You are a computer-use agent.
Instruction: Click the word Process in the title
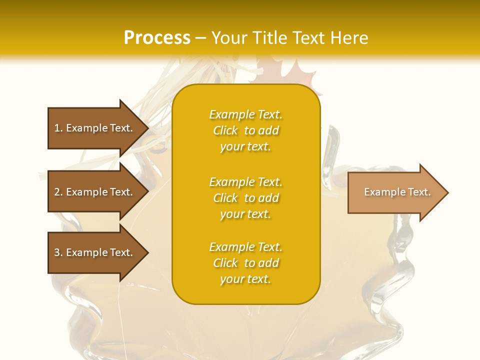coord(157,38)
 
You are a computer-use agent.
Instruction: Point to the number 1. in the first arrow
coord(58,128)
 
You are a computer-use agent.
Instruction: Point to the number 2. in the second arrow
coord(58,192)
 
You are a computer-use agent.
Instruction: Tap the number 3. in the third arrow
coord(58,252)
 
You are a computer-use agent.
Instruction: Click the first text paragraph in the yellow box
coord(245,130)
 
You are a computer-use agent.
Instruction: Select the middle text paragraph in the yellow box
coord(245,198)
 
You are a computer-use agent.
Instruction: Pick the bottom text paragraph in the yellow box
coord(245,263)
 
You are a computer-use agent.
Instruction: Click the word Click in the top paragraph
coord(225,130)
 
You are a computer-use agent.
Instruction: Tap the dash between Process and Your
coord(201,38)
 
